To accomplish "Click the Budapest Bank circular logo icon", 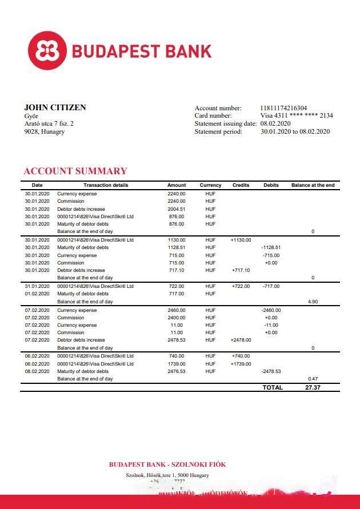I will pyautogui.click(x=47, y=51).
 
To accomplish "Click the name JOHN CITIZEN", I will pyautogui.click(x=55, y=107).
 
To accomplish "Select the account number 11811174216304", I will pyautogui.click(x=283, y=108).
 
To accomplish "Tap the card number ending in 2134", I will pyautogui.click(x=297, y=115).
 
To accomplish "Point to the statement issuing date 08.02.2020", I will pyautogui.click(x=275, y=123).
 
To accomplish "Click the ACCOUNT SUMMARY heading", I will pyautogui.click(x=75, y=171).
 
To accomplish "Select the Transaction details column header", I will pyautogui.click(x=106, y=185).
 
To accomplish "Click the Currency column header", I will pyautogui.click(x=210, y=185).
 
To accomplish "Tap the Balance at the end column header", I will pyautogui.click(x=313, y=185).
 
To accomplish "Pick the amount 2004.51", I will pyautogui.click(x=177, y=209).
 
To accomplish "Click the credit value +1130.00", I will pyautogui.click(x=241, y=240).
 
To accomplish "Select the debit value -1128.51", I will pyautogui.click(x=271, y=247).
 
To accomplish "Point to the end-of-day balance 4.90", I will pyautogui.click(x=313, y=301).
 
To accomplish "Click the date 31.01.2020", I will pyautogui.click(x=37, y=286).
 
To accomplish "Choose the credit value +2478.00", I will pyautogui.click(x=241, y=340).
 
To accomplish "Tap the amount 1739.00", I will pyautogui.click(x=177, y=364).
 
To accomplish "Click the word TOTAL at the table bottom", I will pyautogui.click(x=273, y=387).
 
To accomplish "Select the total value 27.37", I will pyautogui.click(x=313, y=387).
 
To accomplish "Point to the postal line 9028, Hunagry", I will pyautogui.click(x=45, y=131).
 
